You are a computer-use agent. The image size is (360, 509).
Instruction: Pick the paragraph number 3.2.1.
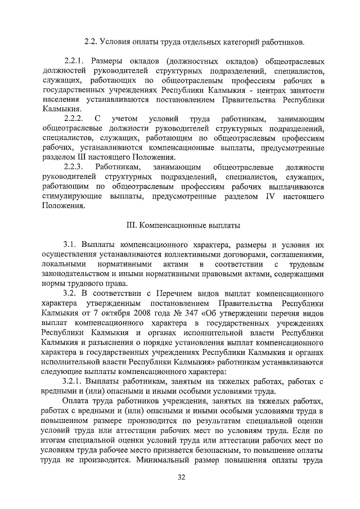[76, 381]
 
